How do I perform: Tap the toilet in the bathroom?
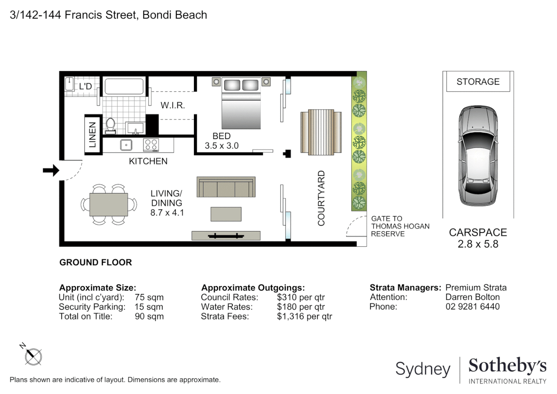point(110,125)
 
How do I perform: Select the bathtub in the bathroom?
point(124,87)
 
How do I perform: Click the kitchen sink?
point(126,145)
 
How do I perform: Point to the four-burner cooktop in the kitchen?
point(151,145)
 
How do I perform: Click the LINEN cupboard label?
point(93,135)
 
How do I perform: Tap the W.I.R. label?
point(173,105)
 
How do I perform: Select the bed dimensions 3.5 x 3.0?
point(222,146)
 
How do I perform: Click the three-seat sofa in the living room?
point(226,187)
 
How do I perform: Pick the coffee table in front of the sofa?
point(226,214)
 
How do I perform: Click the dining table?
point(109,205)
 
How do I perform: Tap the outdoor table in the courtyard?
point(321,131)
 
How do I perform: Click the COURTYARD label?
point(321,198)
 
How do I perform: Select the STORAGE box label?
point(478,82)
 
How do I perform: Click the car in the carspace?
point(478,156)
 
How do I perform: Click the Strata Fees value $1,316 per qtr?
point(304,316)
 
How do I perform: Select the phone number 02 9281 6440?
point(472,306)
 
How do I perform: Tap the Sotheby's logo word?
point(507,366)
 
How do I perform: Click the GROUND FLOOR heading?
point(96,262)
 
